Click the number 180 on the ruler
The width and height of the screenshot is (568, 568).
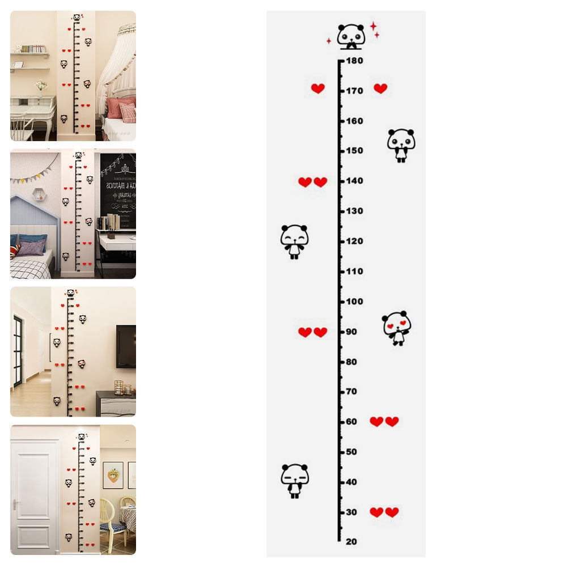tap(355, 61)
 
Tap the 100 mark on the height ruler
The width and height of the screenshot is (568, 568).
tap(355, 302)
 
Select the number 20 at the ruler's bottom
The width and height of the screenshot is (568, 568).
tap(351, 542)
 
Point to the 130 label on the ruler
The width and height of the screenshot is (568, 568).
tap(355, 211)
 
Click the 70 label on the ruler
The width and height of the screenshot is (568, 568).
tap(351, 392)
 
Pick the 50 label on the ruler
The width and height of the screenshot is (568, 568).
tap(351, 452)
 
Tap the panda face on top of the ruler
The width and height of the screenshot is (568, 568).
tap(351, 35)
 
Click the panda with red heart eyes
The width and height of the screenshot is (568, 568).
tap(397, 328)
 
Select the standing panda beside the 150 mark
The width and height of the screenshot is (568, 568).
tap(401, 145)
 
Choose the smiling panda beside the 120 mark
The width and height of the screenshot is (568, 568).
tap(294, 241)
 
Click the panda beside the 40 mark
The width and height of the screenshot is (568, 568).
tap(295, 481)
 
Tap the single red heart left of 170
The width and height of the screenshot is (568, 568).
tap(318, 88)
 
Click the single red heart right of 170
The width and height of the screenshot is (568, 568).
tap(380, 88)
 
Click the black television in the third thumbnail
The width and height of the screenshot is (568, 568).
tap(126, 346)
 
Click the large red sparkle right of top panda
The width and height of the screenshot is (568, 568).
tap(374, 26)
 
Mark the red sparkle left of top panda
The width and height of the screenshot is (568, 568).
tap(328, 41)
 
